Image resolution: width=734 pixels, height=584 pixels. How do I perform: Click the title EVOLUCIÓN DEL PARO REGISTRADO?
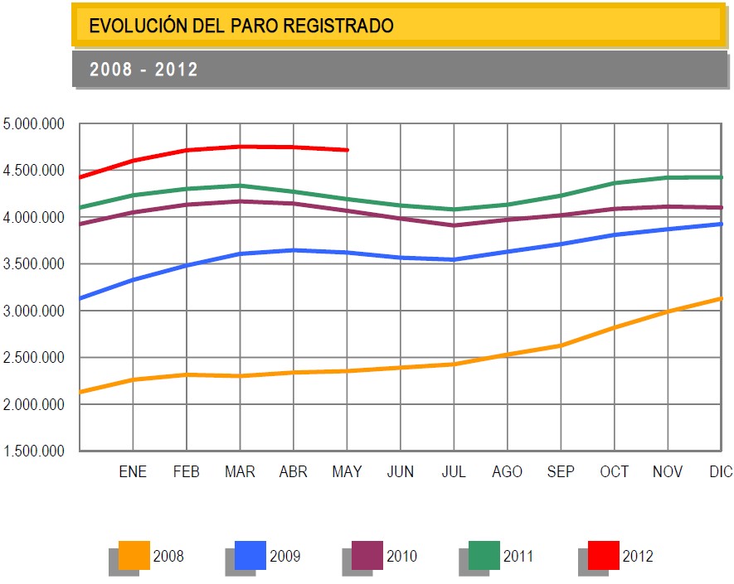click(241, 26)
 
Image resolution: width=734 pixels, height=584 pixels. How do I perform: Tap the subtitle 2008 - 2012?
click(143, 70)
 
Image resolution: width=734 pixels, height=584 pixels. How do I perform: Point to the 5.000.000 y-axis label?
click(34, 124)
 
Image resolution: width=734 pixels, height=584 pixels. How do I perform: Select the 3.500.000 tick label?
click(34, 264)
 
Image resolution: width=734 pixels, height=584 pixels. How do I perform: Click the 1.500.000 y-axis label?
click(34, 451)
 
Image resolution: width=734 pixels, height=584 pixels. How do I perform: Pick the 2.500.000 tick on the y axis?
click(34, 358)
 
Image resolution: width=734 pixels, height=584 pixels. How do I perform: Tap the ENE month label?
click(133, 472)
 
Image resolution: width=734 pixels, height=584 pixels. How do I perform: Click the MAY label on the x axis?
click(347, 472)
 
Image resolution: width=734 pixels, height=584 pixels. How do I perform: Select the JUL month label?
click(454, 472)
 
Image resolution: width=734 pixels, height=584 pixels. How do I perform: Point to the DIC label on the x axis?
click(721, 472)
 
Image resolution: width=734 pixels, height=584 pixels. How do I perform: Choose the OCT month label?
click(615, 472)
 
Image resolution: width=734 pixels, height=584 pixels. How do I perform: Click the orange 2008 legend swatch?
click(134, 554)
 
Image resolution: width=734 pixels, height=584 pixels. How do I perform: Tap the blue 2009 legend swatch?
click(250, 554)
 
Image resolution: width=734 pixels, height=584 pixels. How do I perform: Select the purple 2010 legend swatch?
click(367, 554)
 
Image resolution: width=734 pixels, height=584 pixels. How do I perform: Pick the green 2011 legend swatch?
click(484, 554)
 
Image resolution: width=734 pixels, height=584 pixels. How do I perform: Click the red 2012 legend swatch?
click(603, 554)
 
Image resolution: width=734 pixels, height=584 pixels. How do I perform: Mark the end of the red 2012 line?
click(347, 150)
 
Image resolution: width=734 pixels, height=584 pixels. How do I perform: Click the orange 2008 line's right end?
click(721, 298)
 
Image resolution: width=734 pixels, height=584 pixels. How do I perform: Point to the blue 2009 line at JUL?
click(454, 259)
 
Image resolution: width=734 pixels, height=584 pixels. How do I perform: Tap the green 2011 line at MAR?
click(240, 186)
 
